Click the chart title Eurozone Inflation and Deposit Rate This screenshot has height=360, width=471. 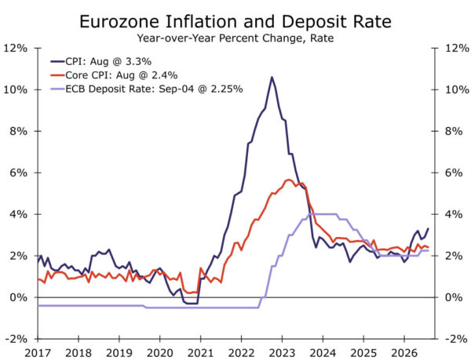(235, 22)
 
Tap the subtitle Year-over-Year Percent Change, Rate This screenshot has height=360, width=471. (235, 38)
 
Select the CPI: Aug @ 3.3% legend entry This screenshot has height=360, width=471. (101, 61)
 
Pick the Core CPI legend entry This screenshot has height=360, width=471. (114, 75)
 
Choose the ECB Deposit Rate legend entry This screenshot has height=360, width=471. (147, 89)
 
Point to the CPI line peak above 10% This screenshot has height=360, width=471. (272, 77)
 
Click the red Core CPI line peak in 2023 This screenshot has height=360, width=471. (289, 180)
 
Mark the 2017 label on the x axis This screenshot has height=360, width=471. (38, 353)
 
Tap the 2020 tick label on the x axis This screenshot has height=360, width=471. (160, 353)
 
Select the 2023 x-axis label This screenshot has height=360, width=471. (282, 353)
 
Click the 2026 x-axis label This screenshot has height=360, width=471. (404, 353)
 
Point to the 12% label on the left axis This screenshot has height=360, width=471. (16, 48)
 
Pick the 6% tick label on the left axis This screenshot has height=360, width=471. (18, 173)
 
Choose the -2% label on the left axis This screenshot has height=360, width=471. (16, 339)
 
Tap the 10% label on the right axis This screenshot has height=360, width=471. (457, 89)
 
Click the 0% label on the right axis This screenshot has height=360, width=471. (454, 297)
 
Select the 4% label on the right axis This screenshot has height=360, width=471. (454, 214)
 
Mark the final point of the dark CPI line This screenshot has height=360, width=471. (428, 228)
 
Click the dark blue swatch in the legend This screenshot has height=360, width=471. (57, 62)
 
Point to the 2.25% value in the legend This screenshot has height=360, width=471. (226, 89)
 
